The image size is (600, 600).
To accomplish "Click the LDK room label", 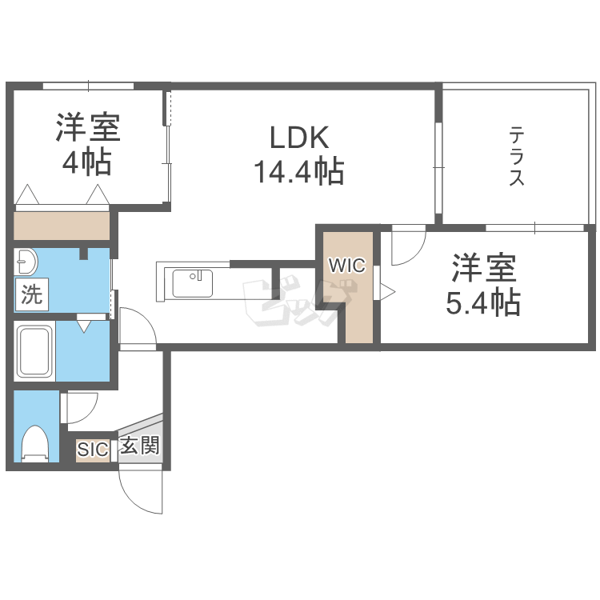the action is tap(299, 138).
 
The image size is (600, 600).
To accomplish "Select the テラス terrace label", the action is tap(516, 158).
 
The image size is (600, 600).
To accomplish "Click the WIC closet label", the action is tap(347, 265).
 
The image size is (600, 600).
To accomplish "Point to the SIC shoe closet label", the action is tap(93, 449).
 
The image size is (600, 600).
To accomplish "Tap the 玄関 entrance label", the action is tap(140, 446).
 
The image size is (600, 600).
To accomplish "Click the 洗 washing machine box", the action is tap(32, 294).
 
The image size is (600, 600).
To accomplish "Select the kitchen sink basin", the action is tap(193, 283).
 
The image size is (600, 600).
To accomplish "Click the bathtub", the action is tap(35, 351).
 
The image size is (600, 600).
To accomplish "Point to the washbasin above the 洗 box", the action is tap(26, 262).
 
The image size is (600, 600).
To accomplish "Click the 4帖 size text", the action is tap(87, 162).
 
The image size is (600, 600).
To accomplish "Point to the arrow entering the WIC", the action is tap(387, 292).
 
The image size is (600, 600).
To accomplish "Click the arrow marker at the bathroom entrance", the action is tap(84, 326).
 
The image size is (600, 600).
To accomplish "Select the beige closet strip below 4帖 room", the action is tap(62, 226).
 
